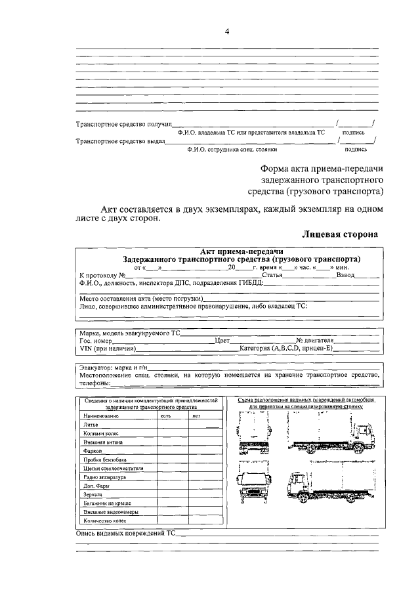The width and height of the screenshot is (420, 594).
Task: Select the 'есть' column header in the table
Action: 165,416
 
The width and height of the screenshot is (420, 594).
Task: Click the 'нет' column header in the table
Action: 196,416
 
